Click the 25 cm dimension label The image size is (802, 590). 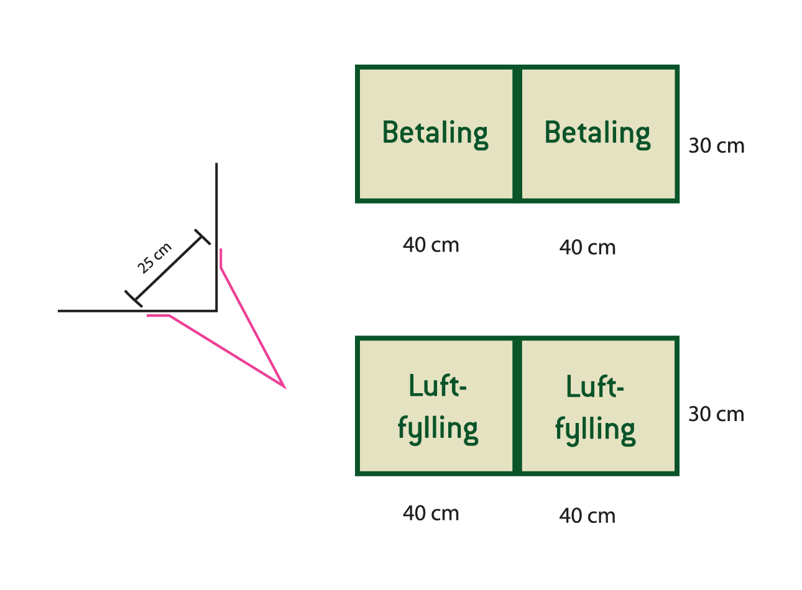(x=154, y=258)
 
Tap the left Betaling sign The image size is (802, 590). (x=435, y=134)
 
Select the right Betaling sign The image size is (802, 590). (x=597, y=134)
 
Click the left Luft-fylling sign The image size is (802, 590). (x=437, y=407)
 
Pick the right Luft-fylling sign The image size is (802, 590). (x=595, y=407)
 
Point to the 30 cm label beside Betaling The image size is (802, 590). (x=716, y=146)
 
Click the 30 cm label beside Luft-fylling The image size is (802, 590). (x=716, y=414)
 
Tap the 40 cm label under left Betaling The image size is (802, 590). (x=431, y=245)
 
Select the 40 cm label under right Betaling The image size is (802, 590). (x=588, y=248)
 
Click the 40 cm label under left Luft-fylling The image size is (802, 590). (x=431, y=514)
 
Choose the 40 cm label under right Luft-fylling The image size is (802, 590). (x=588, y=516)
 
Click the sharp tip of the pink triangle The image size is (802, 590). (x=285, y=388)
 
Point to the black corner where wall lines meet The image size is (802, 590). (x=216, y=310)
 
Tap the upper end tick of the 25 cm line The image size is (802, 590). (x=202, y=237)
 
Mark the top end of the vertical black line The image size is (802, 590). (x=216, y=164)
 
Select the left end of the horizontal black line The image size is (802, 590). (x=59, y=310)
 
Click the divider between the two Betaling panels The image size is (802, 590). (x=517, y=134)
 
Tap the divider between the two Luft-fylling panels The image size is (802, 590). (x=517, y=406)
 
